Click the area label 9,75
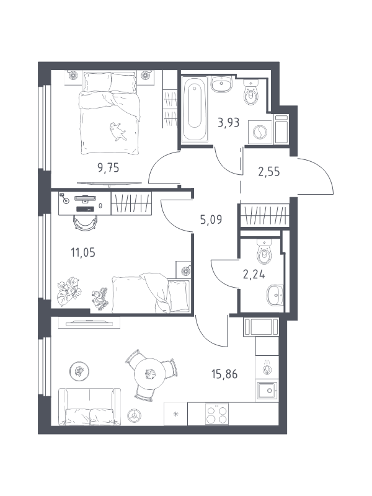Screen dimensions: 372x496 [x=108, y=167]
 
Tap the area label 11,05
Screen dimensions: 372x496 [x=83, y=253]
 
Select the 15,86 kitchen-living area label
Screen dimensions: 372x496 [x=224, y=374]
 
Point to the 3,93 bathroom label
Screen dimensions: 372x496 [x=228, y=122]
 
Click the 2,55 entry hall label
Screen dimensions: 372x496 [x=269, y=172]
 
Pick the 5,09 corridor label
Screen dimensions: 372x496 [x=211, y=219]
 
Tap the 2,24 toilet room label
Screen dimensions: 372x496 [x=254, y=275]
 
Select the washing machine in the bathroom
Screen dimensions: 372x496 [x=260, y=131]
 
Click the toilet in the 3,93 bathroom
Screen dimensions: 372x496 [x=251, y=92]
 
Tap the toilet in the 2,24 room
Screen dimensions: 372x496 [x=264, y=252]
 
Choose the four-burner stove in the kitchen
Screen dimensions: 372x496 [x=217, y=414]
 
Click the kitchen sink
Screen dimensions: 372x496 [x=267, y=391]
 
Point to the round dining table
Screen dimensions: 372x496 [x=150, y=374]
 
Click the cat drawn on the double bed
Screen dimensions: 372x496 [x=118, y=131]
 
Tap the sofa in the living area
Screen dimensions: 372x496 [x=90, y=407]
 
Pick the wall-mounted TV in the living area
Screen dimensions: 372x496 [x=89, y=322]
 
